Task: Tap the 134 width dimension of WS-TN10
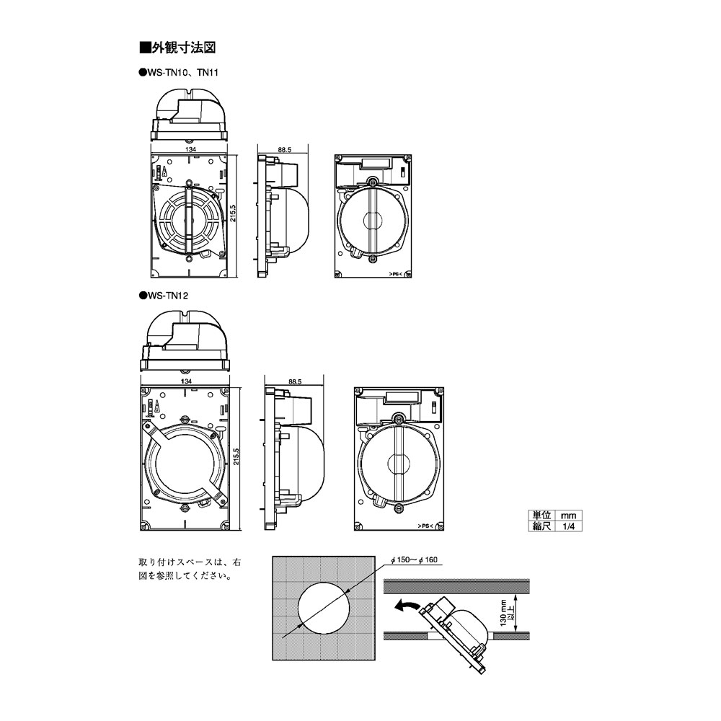coord(191,149)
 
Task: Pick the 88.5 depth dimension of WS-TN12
coord(293,380)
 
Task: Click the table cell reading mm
coord(567,516)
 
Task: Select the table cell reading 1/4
coord(567,526)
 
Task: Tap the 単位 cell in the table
coord(541,516)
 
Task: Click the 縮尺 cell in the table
coord(541,526)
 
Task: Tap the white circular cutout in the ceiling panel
coord(324,609)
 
